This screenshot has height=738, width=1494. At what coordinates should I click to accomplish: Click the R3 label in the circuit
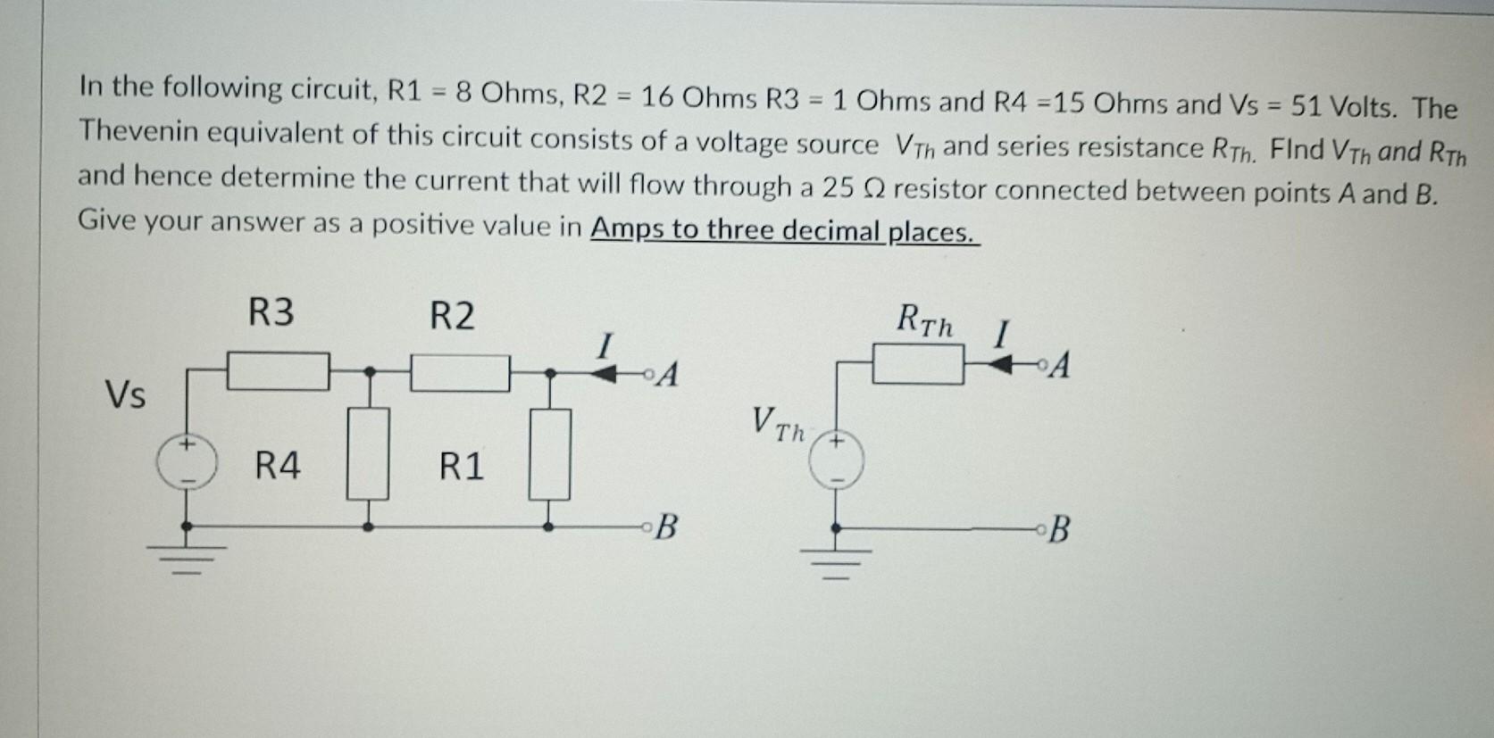271,313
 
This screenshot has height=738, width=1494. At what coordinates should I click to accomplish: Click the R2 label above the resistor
452,316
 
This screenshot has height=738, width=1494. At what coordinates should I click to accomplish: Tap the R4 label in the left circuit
278,466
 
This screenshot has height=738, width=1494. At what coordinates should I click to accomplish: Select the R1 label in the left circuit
461,467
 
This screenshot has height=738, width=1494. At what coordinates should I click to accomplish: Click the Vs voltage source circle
186,463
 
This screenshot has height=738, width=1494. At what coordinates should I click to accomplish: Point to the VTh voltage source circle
837,461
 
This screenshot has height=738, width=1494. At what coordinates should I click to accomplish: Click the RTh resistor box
917,365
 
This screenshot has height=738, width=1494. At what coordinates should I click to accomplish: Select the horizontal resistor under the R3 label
278,371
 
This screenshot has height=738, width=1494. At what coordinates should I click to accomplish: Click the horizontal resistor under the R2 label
460,373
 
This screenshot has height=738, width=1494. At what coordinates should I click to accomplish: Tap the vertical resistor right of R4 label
368,452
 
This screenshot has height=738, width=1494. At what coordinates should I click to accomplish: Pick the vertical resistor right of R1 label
550,453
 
